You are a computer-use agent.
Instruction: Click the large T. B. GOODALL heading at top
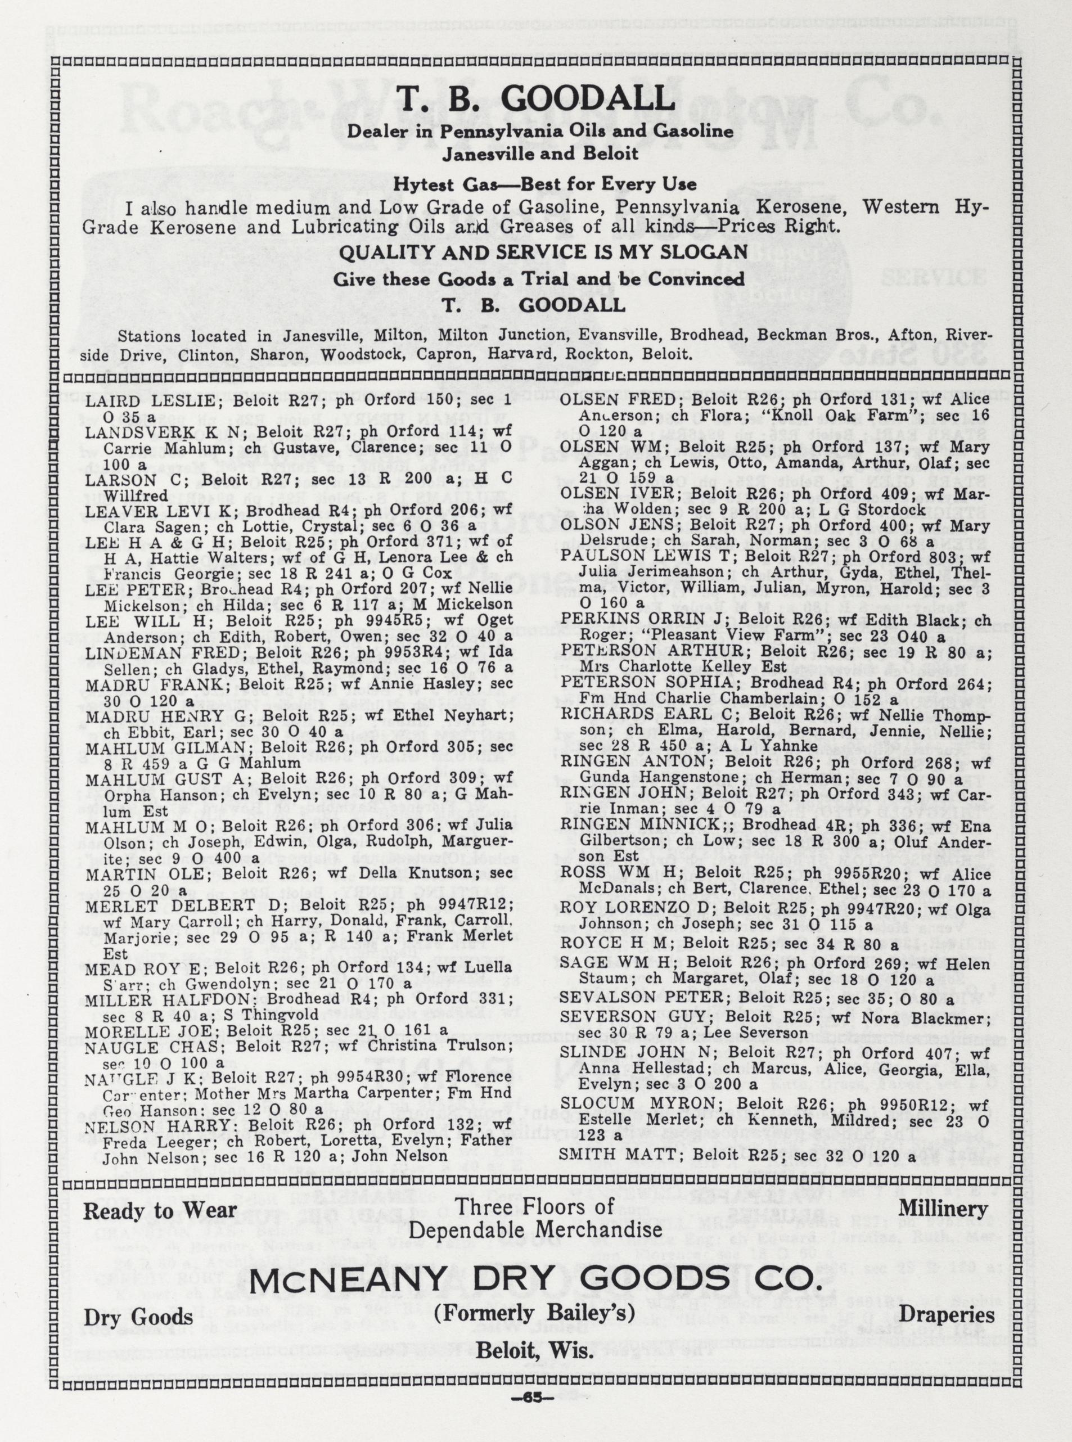click(x=536, y=101)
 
